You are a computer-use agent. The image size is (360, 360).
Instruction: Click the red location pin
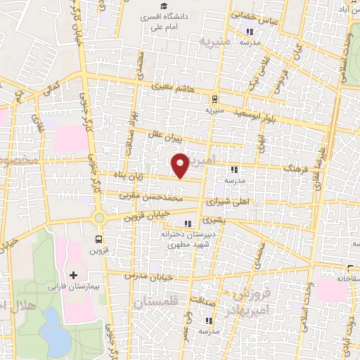coord(181,165)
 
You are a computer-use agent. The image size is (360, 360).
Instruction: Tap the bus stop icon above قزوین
coord(98,238)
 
